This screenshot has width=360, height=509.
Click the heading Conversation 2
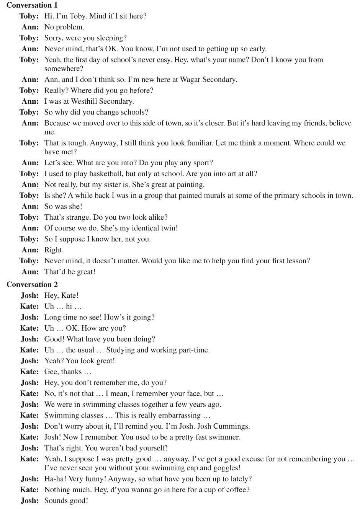32,284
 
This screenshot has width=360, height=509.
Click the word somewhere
64,69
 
